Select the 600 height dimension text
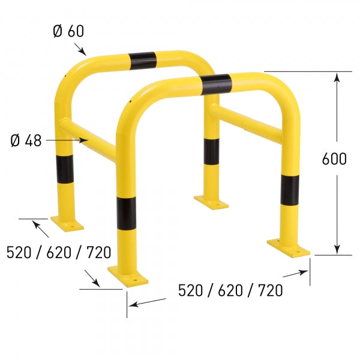pos(334,159)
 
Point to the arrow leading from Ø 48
pos(66,140)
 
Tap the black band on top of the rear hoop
pos(142,58)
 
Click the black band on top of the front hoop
pos(217,84)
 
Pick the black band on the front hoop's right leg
pos(290,190)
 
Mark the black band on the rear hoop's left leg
pos(65,169)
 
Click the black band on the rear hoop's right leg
pos(211,151)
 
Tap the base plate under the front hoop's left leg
pos(128,275)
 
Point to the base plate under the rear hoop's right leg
pos(211,201)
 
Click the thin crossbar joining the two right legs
pos(246,122)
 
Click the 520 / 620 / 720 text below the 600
pos(230,291)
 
